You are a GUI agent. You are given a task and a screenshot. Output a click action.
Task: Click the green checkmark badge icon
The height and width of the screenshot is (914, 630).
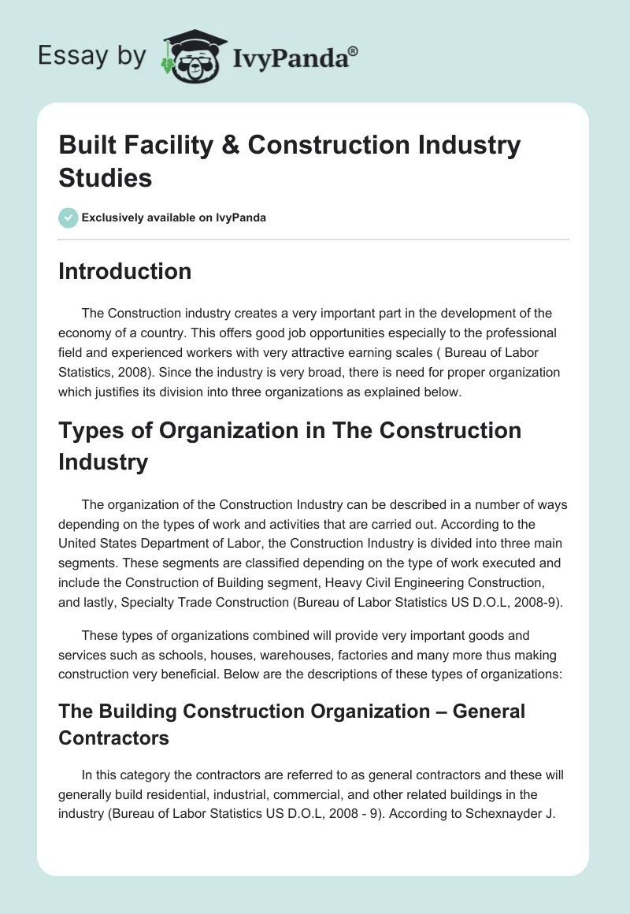pos(68,217)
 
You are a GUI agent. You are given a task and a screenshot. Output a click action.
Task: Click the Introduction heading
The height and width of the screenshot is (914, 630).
pos(125,271)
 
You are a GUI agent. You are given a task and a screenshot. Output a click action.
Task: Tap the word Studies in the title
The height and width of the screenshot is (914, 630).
pos(106,178)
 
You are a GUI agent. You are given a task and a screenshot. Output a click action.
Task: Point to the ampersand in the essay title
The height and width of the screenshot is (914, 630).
pos(229,146)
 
